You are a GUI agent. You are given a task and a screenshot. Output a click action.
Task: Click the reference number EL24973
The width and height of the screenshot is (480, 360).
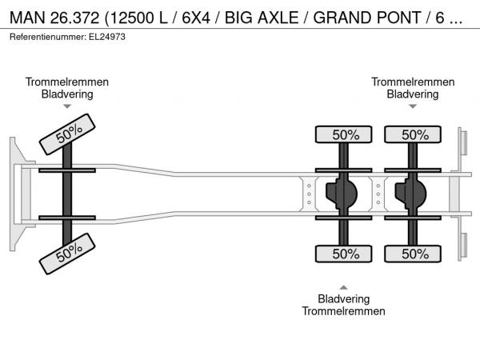tap(107, 37)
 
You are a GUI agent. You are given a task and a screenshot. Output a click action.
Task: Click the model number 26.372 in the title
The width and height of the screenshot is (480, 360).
tap(74, 18)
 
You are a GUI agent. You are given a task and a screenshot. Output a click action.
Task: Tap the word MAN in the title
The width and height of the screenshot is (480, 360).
tap(27, 18)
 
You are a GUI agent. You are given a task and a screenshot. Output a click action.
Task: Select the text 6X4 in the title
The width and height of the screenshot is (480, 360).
tap(196, 18)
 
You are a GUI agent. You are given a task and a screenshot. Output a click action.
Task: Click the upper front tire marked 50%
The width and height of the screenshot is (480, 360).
tap(67, 134)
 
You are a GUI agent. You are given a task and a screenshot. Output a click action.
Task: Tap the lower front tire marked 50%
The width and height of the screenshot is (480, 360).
tap(67, 254)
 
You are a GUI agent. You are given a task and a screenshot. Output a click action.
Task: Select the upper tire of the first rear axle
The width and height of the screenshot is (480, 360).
tap(343, 134)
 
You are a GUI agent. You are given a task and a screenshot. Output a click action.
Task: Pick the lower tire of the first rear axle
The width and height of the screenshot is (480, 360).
tap(343, 254)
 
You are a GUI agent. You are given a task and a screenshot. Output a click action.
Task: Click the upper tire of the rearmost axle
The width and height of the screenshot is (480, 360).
tap(413, 134)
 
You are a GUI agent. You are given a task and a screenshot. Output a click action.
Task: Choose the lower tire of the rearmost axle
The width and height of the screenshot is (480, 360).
tap(413, 254)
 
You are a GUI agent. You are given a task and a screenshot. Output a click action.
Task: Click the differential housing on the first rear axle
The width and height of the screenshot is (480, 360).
tap(342, 194)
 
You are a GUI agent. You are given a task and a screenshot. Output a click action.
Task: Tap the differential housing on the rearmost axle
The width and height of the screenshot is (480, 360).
tap(410, 194)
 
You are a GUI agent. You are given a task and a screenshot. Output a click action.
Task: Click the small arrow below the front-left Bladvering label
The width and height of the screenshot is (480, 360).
tap(67, 106)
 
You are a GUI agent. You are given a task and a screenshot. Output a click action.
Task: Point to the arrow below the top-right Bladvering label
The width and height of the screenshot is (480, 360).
tap(413, 106)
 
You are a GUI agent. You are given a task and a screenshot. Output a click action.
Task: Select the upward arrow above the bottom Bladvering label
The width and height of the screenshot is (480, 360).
tap(343, 287)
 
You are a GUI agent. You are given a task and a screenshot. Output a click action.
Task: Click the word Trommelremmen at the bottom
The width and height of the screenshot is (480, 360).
tap(343, 311)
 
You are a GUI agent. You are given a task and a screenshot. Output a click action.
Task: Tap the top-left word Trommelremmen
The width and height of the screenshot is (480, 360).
tap(67, 82)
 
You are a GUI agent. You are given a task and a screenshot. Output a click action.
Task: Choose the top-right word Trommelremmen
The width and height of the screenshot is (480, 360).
tap(413, 82)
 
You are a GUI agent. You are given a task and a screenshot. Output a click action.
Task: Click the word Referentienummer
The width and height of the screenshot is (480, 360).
tap(48, 37)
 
